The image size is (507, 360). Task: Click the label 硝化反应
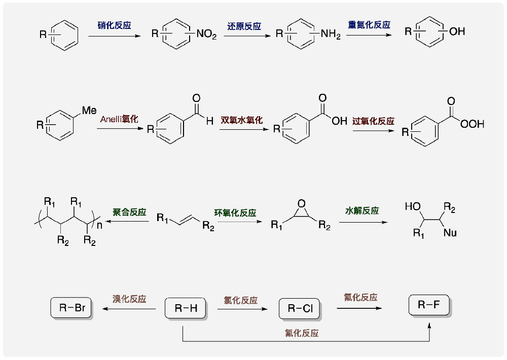tap(114, 25)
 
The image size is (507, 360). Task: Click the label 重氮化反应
tap(369, 25)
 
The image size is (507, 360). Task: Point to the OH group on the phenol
tap(456, 32)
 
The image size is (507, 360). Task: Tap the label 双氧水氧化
tap(241, 120)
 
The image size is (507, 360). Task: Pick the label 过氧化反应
tap(373, 122)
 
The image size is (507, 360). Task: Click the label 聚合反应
tap(129, 212)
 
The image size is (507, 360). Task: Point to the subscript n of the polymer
tap(100, 225)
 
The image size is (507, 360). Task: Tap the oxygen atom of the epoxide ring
tap(302, 204)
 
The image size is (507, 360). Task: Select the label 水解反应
tap(362, 210)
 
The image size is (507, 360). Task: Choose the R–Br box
tap(71, 308)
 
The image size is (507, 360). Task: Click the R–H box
tap(186, 308)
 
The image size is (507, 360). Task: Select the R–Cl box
tap(299, 308)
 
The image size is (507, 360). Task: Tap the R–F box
tap(429, 305)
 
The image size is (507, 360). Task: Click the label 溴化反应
tap(129, 299)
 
